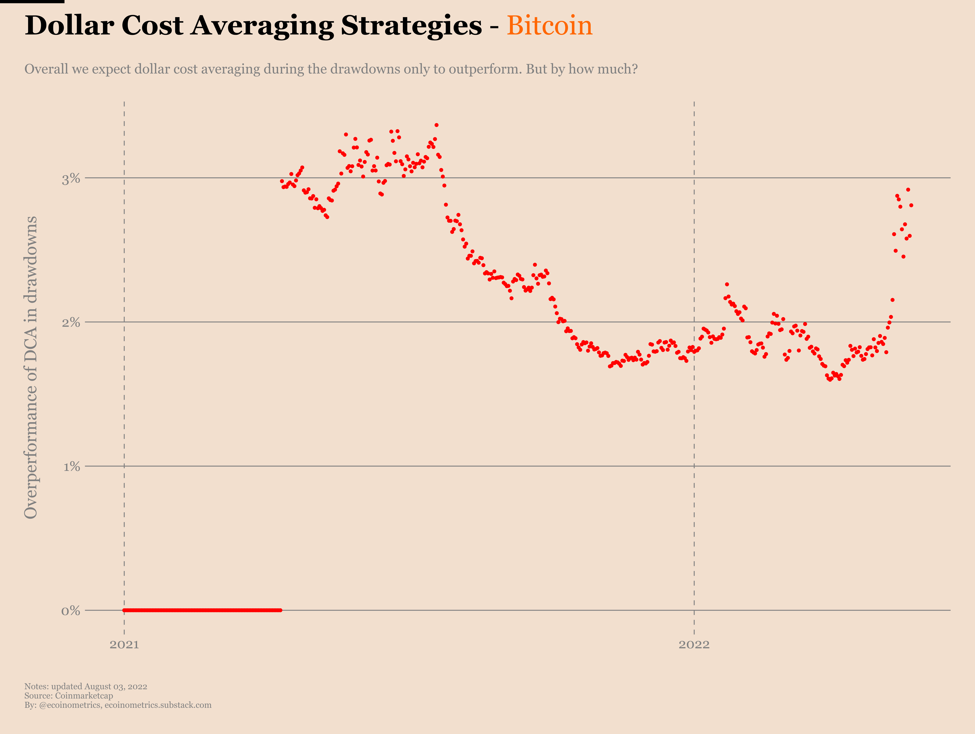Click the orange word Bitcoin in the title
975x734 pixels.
pos(549,26)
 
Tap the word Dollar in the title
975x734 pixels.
pos(69,26)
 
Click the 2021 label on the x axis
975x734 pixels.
pos(124,644)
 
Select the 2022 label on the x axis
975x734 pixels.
pos(694,644)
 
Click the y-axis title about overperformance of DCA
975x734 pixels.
pos(31,367)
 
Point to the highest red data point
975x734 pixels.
pos(436,125)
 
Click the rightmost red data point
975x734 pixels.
pos(911,205)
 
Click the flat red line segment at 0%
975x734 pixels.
pos(203,610)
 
